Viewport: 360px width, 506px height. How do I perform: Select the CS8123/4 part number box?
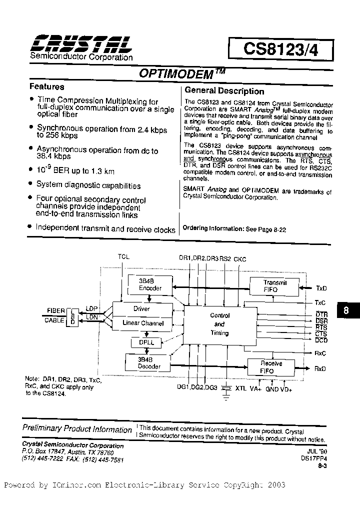[280, 48]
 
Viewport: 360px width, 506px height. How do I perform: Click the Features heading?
[46, 86]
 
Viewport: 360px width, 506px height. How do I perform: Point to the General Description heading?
[224, 91]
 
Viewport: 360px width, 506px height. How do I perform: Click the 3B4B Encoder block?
[149, 285]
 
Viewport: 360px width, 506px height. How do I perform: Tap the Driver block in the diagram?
[141, 309]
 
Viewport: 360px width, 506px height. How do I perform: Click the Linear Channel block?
[143, 323]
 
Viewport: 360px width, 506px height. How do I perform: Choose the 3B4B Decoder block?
[149, 363]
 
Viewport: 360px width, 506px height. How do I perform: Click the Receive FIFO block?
[271, 366]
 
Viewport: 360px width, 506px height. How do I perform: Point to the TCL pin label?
[123, 257]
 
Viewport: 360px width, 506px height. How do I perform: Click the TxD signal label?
[320, 288]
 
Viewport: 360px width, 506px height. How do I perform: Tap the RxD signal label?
[320, 369]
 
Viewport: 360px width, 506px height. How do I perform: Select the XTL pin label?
[240, 388]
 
